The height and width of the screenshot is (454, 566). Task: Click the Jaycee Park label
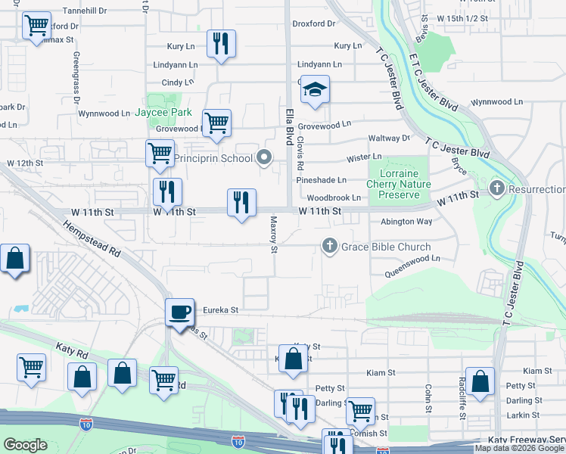[163, 113]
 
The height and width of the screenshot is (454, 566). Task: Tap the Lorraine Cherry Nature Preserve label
[399, 184]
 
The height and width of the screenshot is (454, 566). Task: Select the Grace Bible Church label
[385, 247]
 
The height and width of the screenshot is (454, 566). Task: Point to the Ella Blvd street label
[289, 126]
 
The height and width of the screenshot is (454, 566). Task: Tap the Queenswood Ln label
[412, 259]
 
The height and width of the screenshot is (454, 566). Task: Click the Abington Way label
[406, 222]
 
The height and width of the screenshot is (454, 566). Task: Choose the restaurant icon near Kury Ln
[221, 44]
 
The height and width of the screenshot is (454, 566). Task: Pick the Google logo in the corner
[26, 445]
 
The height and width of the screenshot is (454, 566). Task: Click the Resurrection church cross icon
[497, 187]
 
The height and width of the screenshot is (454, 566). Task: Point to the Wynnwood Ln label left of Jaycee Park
[104, 113]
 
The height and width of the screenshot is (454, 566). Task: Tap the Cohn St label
[428, 394]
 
